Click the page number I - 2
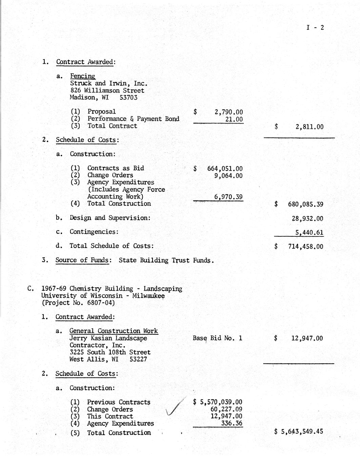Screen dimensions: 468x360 (315, 28)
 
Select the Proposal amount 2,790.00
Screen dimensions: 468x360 (229, 112)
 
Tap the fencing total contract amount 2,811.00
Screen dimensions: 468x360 (309, 127)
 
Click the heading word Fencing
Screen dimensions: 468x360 (82, 76)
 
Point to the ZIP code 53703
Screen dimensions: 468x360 (128, 98)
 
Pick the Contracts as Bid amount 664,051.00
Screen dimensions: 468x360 (225, 169)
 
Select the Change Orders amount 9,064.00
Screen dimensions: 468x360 (228, 176)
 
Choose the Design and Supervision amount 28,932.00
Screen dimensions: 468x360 (307, 219)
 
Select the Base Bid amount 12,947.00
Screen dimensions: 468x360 (307, 338)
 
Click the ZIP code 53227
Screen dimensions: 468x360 (138, 359)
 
